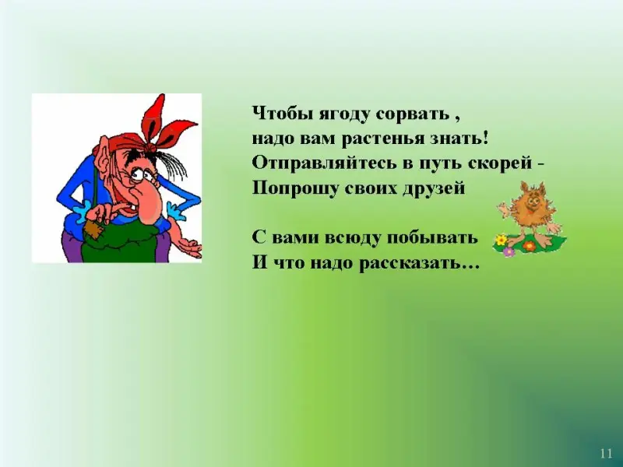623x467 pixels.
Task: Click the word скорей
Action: (x=500, y=164)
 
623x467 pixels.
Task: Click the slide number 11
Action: (x=606, y=454)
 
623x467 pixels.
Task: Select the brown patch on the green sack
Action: (x=93, y=230)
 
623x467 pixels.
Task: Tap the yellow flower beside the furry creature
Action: (x=502, y=240)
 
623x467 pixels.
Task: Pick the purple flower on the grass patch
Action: (x=509, y=251)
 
